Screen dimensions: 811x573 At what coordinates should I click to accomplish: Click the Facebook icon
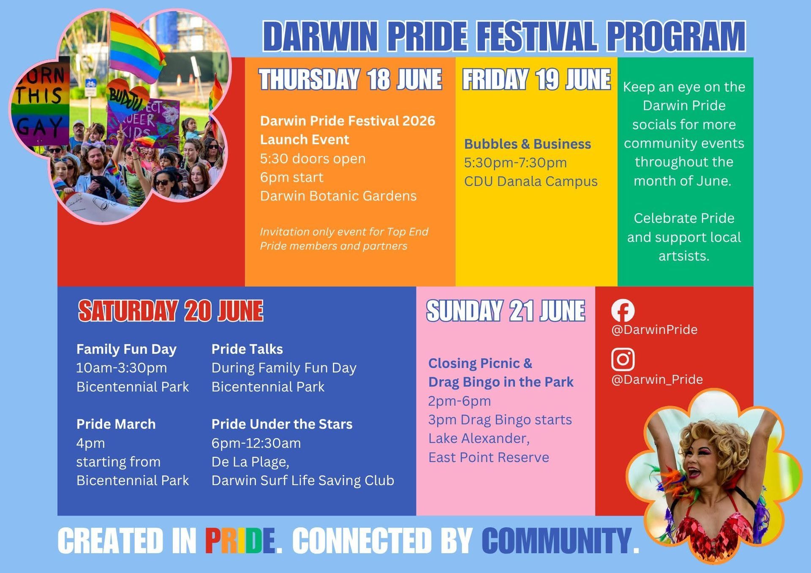click(x=623, y=310)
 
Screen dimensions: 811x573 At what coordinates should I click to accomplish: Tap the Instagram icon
click(x=623, y=359)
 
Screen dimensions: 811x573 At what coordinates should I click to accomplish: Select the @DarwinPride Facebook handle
click(x=654, y=330)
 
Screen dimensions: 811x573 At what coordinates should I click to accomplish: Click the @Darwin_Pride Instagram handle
click(x=657, y=380)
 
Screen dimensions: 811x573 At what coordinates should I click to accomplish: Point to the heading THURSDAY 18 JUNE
click(x=351, y=80)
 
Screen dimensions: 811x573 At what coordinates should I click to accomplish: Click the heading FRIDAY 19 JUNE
click(x=536, y=80)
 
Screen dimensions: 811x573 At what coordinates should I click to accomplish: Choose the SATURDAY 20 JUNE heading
click(x=171, y=311)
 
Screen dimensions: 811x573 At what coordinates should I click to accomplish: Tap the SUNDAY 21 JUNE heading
click(x=506, y=311)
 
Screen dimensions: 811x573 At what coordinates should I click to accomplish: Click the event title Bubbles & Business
click(x=528, y=144)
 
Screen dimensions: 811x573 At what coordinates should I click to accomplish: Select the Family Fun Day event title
click(x=126, y=349)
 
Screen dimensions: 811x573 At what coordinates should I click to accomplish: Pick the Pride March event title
click(x=116, y=424)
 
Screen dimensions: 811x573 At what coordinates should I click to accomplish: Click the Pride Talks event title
click(x=247, y=349)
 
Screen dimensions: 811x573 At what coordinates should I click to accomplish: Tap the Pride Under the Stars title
click(x=282, y=424)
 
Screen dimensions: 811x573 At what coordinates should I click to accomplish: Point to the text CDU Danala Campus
click(x=531, y=182)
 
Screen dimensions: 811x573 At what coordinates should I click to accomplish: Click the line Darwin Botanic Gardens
click(x=338, y=196)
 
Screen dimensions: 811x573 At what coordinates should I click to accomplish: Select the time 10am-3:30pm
click(x=122, y=368)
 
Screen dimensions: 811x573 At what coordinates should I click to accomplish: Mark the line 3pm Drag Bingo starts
click(x=500, y=420)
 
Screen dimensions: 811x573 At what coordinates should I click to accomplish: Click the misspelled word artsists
click(x=684, y=256)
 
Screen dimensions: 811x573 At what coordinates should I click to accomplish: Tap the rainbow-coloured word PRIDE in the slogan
click(x=240, y=541)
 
